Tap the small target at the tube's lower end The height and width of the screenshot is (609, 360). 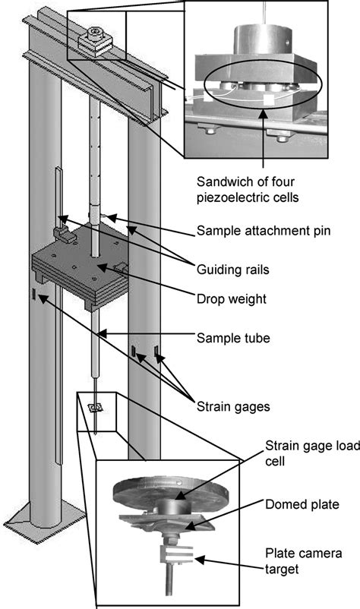(95, 409)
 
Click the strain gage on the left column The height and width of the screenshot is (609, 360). (34, 293)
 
